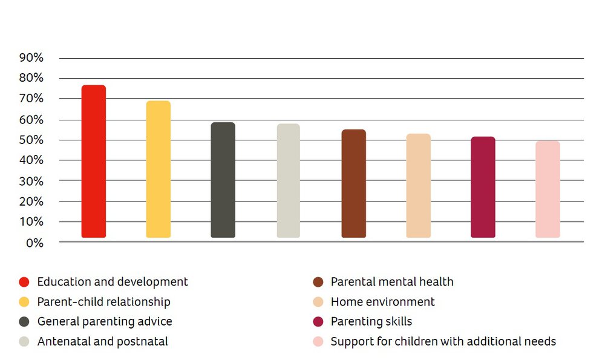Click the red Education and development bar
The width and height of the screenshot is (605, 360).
(x=94, y=162)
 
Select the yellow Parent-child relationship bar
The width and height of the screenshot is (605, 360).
(x=159, y=169)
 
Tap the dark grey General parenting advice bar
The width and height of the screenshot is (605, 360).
(x=223, y=180)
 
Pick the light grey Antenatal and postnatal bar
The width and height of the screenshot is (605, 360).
(x=289, y=181)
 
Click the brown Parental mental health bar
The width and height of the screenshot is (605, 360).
(x=354, y=184)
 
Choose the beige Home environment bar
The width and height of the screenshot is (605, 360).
(x=419, y=186)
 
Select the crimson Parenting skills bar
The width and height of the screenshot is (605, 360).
(x=483, y=188)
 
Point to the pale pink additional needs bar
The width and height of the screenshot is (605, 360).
(x=548, y=189)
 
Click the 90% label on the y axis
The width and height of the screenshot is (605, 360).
(x=31, y=58)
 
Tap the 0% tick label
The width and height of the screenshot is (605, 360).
(x=35, y=243)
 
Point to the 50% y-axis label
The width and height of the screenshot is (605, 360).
(x=31, y=140)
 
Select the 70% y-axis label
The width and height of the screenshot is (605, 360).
(x=31, y=99)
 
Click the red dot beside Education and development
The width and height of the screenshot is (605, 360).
(x=24, y=282)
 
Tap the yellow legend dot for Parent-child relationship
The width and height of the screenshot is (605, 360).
(x=24, y=302)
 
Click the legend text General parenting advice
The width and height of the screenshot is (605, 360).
(x=105, y=321)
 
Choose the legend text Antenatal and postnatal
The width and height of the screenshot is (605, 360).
(x=103, y=341)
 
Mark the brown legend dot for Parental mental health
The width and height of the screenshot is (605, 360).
(x=318, y=282)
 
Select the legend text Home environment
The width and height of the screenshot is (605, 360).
(x=382, y=301)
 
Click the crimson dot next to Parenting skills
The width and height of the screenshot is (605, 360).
(x=318, y=321)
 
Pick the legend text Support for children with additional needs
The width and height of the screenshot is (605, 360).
(x=443, y=341)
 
